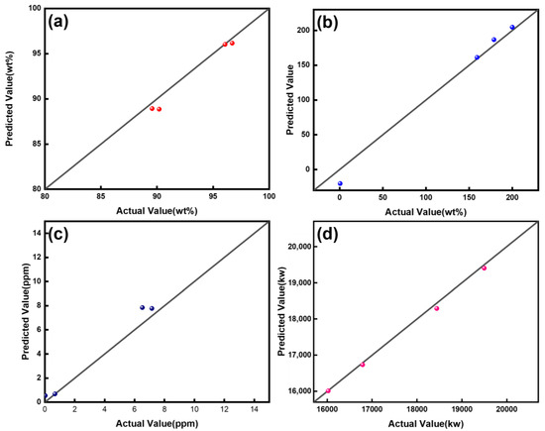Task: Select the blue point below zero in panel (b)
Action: [x=340, y=183]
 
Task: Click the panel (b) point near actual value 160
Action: [x=477, y=57]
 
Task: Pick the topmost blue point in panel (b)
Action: [x=512, y=28]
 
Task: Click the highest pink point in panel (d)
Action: [x=484, y=268]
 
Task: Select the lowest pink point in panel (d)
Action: [x=329, y=390]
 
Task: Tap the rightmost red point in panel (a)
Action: [x=232, y=44]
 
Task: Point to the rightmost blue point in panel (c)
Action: [x=152, y=308]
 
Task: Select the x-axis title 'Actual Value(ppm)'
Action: [x=157, y=423]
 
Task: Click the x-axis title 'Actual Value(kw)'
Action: [x=428, y=423]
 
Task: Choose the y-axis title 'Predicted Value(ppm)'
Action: [x=10, y=312]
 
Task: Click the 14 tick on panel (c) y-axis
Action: [x=35, y=233]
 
